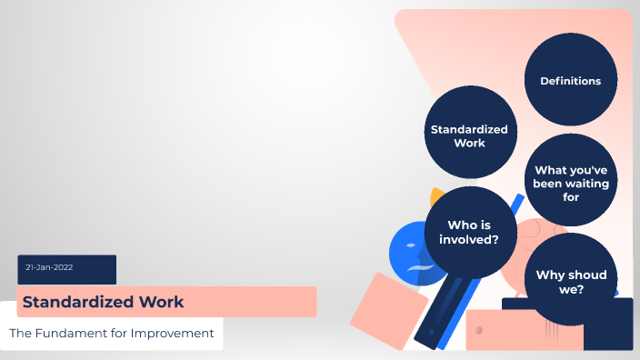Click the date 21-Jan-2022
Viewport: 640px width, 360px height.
pos(50,267)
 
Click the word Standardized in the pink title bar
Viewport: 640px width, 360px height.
pos(76,301)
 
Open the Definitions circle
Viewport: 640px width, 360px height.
pos(570,81)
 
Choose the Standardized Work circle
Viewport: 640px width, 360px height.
pos(468,135)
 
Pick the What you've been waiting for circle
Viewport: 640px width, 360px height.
pos(571,181)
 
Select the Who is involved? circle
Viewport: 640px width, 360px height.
pos(469,233)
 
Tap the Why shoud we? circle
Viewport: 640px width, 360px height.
pos(571,281)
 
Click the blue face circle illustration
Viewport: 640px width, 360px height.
pos(409,255)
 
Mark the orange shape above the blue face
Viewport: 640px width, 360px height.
pos(436,195)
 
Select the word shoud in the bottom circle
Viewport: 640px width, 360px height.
pos(587,275)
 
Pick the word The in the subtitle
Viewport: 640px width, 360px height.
pos(20,334)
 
